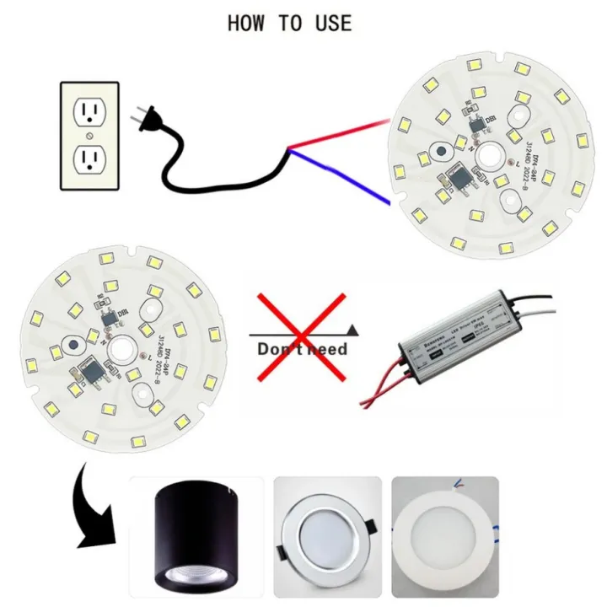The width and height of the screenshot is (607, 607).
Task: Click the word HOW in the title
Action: tap(247, 23)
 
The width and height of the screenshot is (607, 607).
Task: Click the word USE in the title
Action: tap(330, 23)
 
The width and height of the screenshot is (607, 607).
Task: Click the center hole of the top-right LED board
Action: tap(486, 157)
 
